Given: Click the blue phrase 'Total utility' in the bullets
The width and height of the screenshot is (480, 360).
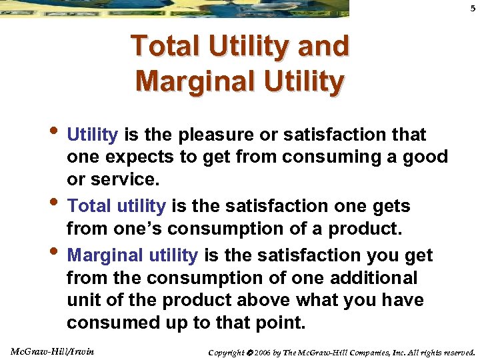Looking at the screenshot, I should (x=117, y=207).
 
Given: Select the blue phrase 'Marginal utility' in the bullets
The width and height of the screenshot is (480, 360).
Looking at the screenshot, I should (x=133, y=255).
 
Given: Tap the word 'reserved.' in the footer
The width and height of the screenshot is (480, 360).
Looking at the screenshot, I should (x=457, y=351).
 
